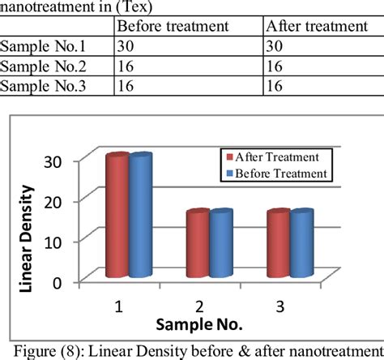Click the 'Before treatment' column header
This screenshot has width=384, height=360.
tap(172, 25)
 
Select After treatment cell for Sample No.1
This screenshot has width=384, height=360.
tap(275, 47)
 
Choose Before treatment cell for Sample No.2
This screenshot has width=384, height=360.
tap(126, 66)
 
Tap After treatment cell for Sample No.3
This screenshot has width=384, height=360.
tap(275, 86)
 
